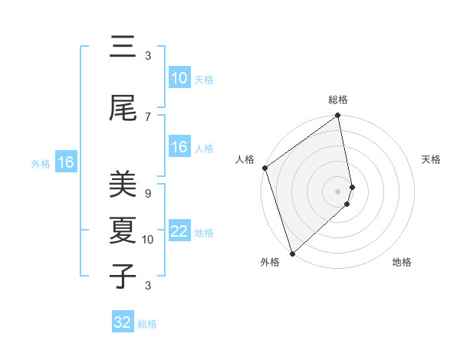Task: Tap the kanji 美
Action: coord(123,185)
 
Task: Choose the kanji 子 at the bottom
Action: coord(123,276)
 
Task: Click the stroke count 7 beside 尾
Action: coord(147,116)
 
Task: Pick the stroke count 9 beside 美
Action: coord(147,194)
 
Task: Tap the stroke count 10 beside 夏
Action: coord(148,240)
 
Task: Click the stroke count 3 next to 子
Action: coord(147,286)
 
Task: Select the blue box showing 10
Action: coord(179,78)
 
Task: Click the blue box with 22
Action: coord(179,232)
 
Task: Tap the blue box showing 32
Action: coord(123,322)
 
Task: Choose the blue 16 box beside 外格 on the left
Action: coord(65,162)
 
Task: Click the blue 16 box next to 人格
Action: coord(179,148)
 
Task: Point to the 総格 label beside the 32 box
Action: coord(147,324)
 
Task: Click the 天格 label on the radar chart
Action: coord(432,159)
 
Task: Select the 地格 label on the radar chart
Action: coord(402,262)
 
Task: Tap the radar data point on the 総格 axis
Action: coord(337,116)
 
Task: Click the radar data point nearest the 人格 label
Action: coord(264,168)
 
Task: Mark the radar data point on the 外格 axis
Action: coord(292,253)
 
